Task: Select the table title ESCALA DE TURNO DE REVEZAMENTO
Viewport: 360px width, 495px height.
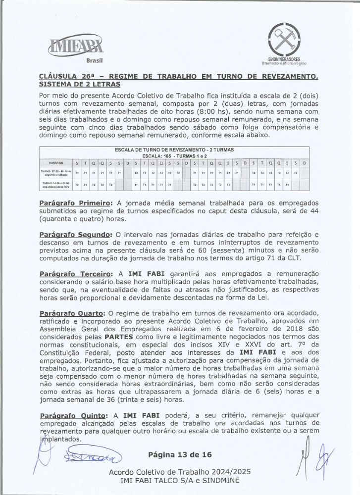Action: (174, 149)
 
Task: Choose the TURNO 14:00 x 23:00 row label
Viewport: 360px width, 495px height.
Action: (55, 185)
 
